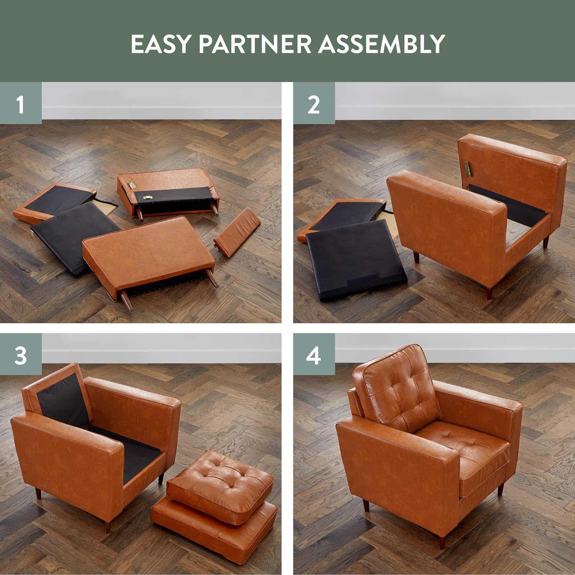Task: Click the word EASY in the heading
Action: (160, 44)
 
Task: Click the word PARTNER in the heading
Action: (255, 44)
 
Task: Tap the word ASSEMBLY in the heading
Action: (382, 44)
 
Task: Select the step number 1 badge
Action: (21, 103)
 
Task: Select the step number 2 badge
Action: (314, 103)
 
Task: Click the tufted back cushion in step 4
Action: (397, 387)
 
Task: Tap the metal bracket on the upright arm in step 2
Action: (467, 169)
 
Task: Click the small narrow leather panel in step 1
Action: (237, 232)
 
